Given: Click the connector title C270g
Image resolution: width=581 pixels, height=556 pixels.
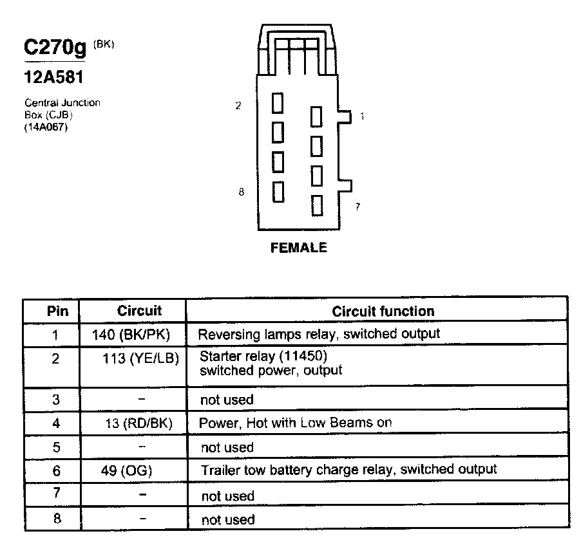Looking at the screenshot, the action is pyautogui.click(x=55, y=48).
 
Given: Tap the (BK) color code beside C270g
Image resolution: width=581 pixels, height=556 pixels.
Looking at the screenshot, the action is pyautogui.click(x=104, y=44).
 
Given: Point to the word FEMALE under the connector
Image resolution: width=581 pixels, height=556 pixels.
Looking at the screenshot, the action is pyautogui.click(x=299, y=247).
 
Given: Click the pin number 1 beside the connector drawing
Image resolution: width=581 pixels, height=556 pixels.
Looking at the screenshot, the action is pyautogui.click(x=362, y=116).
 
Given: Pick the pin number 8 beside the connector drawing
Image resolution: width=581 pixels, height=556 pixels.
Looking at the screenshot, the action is pyautogui.click(x=241, y=192).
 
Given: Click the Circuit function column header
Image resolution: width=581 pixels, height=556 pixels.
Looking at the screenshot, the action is pyautogui.click(x=383, y=311).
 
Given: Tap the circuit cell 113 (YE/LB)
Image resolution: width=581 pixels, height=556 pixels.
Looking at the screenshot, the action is pyautogui.click(x=140, y=358).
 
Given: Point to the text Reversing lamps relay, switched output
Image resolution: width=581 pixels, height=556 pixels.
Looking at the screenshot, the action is pyautogui.click(x=319, y=334).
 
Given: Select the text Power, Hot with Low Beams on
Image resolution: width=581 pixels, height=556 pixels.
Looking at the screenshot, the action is pyautogui.click(x=296, y=423).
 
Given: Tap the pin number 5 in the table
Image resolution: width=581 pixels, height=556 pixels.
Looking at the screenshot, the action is pyautogui.click(x=56, y=447).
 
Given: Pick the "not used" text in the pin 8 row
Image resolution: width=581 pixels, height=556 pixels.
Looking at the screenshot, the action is pyautogui.click(x=227, y=519).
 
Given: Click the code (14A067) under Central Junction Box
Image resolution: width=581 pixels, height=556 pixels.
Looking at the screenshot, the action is pyautogui.click(x=46, y=127).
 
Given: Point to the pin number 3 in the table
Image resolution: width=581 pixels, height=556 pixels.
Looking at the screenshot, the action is pyautogui.click(x=56, y=400).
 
